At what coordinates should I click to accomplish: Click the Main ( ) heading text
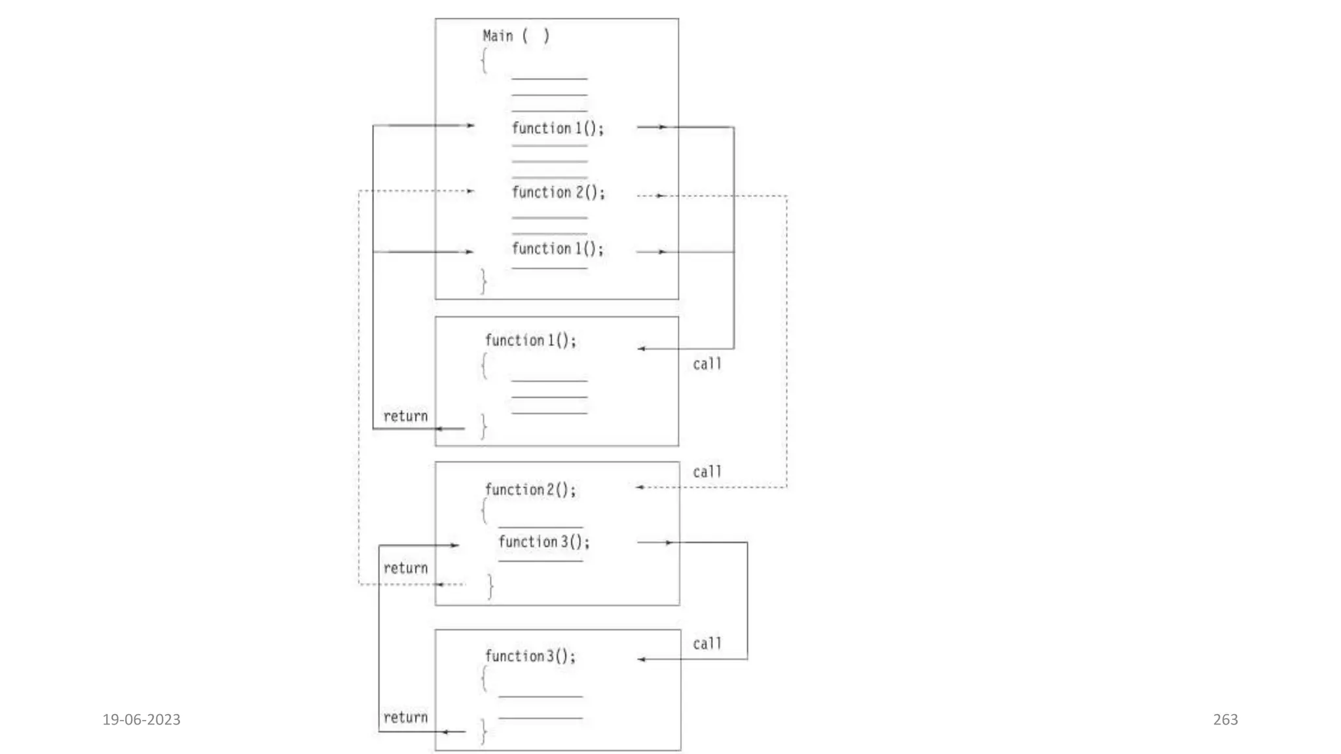coord(516,36)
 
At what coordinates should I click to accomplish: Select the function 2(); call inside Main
coord(558,192)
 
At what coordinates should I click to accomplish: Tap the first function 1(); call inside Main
coord(557,128)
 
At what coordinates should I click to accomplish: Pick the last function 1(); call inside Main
coord(557,249)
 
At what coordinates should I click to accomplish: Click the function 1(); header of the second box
coord(530,340)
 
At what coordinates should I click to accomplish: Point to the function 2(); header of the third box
coord(530,490)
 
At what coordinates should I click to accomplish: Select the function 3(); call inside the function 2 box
coord(543,542)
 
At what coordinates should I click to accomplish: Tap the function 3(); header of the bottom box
coord(530,656)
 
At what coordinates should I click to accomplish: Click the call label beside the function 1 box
coord(707,364)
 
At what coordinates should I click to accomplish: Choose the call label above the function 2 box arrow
coord(707,472)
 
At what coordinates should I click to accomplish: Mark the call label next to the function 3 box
coord(707,644)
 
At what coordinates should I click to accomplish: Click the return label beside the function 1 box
coord(405,416)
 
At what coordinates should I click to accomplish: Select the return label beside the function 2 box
coord(405,568)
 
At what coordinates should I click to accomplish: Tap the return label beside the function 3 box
coord(405,717)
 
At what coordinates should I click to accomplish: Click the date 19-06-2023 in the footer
coord(141,719)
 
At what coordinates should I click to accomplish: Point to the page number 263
coord(1225,719)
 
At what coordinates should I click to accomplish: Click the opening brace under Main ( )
coord(485,61)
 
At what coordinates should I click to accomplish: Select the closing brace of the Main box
coord(484,281)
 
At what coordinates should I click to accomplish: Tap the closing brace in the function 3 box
coord(484,731)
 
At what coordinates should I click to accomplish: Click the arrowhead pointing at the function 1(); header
coord(642,349)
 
